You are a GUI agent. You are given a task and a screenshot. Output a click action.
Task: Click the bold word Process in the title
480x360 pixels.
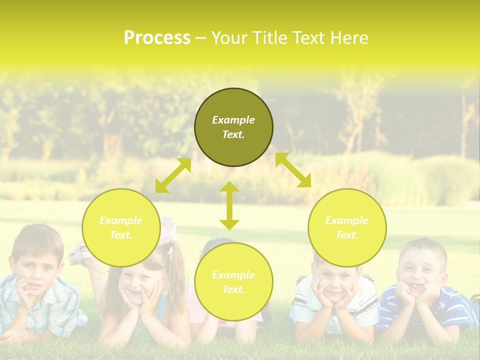157,38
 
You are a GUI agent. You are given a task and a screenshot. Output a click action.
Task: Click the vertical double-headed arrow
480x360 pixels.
229,205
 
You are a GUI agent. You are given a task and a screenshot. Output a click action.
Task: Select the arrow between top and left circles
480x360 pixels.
173,175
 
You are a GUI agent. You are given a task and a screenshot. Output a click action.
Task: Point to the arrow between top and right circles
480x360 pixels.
293,170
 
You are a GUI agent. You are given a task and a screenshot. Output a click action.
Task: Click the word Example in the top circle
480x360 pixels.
233,120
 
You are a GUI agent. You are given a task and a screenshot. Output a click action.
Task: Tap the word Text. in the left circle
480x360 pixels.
121,235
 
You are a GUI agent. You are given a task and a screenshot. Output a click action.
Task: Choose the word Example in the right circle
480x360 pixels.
347,220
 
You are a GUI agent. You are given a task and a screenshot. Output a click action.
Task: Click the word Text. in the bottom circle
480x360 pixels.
233,289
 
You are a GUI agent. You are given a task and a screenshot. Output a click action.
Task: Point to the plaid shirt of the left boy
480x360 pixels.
45,310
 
